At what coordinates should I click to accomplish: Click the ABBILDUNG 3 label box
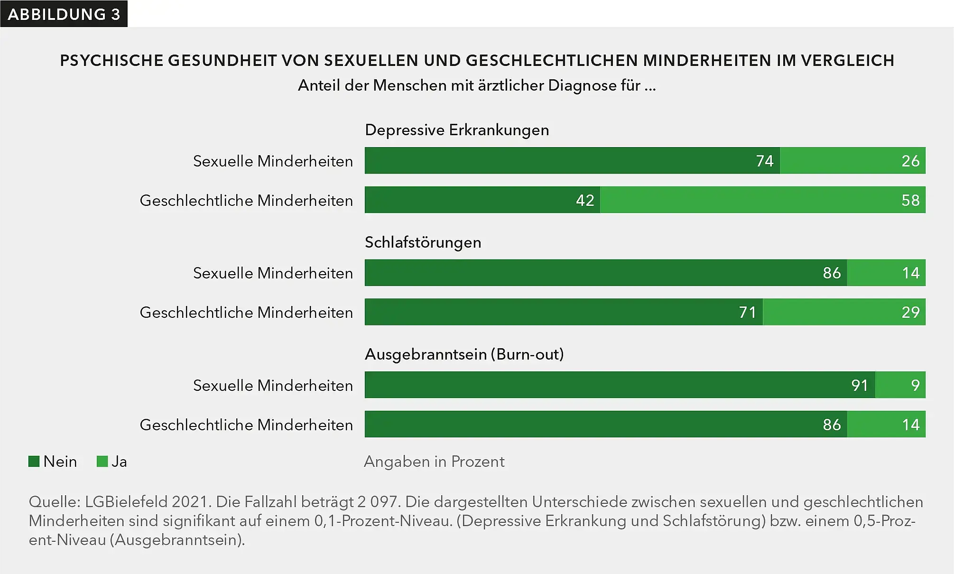[x=64, y=14]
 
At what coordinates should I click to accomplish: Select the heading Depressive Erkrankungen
[x=457, y=130]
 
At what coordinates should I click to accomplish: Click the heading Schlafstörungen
[x=423, y=242]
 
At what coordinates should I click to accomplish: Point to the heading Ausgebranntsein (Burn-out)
[x=464, y=354]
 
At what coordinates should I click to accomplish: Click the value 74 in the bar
[x=764, y=161]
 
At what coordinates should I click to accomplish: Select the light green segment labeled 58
[x=762, y=200]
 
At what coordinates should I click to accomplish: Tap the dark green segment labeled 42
[x=482, y=200]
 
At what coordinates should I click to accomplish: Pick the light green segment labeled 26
[x=852, y=161]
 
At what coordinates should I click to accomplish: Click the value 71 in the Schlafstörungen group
[x=747, y=312]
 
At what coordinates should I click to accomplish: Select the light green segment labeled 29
[x=844, y=312]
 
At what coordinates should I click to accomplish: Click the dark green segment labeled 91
[x=620, y=385]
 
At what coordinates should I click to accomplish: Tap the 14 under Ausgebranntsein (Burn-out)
[x=910, y=425]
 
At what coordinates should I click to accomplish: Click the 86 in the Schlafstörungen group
[x=831, y=273]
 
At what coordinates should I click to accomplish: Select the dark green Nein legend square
[x=34, y=462]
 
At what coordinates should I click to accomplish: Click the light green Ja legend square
[x=102, y=462]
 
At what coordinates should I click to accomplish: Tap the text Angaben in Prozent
[x=434, y=462]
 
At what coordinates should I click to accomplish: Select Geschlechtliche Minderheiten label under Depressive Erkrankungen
[x=246, y=201]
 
